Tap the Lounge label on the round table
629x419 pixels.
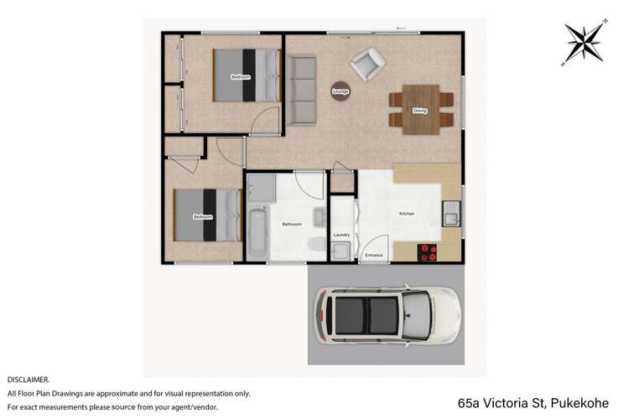(340, 91)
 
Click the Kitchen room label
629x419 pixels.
(407, 215)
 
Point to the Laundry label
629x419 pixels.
(341, 235)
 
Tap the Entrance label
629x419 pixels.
(374, 254)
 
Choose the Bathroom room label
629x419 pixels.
(292, 224)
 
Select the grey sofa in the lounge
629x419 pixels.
(300, 88)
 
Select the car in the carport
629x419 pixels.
(387, 315)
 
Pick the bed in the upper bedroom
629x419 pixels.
(245, 75)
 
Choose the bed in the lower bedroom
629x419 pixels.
(206, 216)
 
